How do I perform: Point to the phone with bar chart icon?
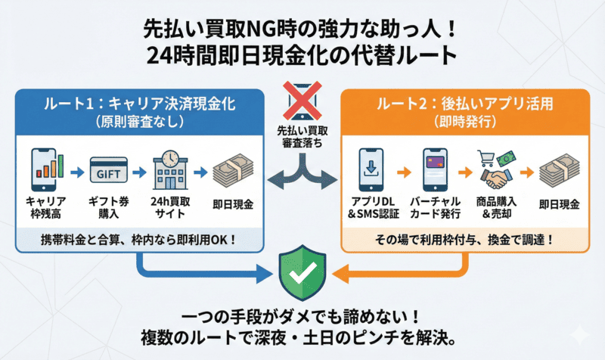click(48, 169)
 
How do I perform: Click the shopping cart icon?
click(485, 157)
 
